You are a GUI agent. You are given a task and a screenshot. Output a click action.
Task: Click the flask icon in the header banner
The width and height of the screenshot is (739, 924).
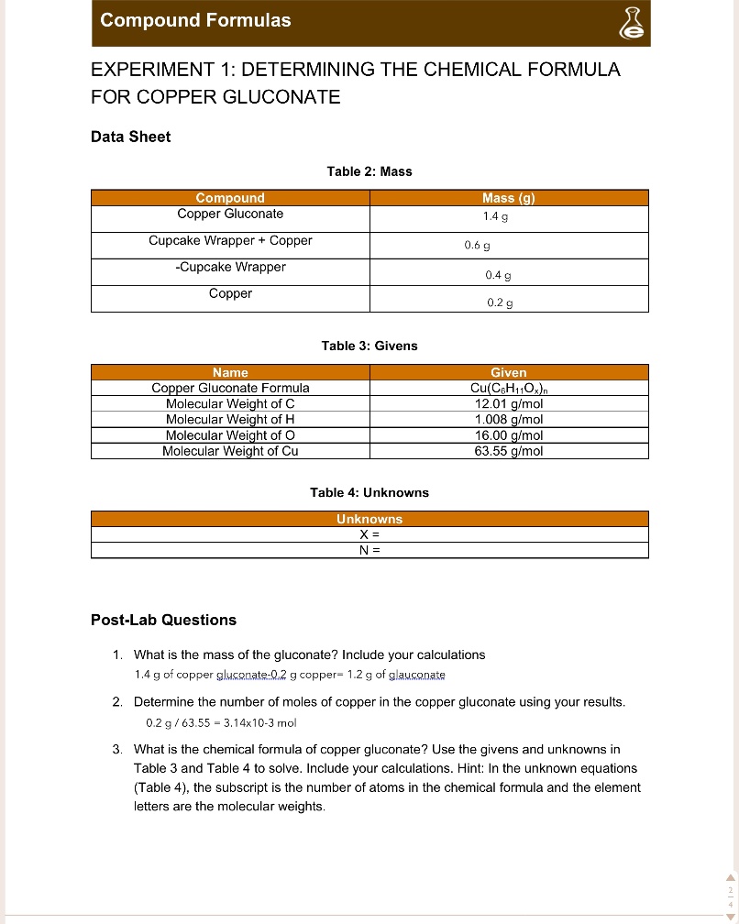point(631,23)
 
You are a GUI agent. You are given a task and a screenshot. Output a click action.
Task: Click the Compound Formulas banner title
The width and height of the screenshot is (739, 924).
point(195,20)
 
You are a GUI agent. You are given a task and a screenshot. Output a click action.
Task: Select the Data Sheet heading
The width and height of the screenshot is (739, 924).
point(130,137)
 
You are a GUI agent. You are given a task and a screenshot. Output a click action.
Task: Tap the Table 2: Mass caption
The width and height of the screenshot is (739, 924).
point(369,171)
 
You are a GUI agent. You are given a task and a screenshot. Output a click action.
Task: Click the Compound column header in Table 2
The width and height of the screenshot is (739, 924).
point(230,198)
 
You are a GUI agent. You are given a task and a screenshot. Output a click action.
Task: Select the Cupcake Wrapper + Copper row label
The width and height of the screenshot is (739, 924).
point(230,241)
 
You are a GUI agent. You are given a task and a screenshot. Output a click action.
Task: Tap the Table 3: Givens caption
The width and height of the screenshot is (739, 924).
point(369,346)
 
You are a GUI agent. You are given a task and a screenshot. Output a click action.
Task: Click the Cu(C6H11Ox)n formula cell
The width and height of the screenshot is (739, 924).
point(509,389)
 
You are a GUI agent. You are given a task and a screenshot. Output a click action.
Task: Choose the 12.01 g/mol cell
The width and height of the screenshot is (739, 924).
point(509,404)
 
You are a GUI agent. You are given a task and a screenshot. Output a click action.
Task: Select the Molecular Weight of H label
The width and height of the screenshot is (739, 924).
point(230,420)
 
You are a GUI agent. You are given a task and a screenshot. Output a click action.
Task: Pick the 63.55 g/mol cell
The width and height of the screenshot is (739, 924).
point(509,451)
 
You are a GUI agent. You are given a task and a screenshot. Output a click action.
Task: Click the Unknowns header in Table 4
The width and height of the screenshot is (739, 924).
point(369,519)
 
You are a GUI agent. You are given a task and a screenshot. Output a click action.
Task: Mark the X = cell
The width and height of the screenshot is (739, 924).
point(369,534)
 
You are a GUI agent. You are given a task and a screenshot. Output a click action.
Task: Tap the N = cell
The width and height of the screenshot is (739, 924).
point(369,550)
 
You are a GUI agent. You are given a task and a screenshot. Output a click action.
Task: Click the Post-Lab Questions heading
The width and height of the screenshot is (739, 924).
point(163,620)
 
